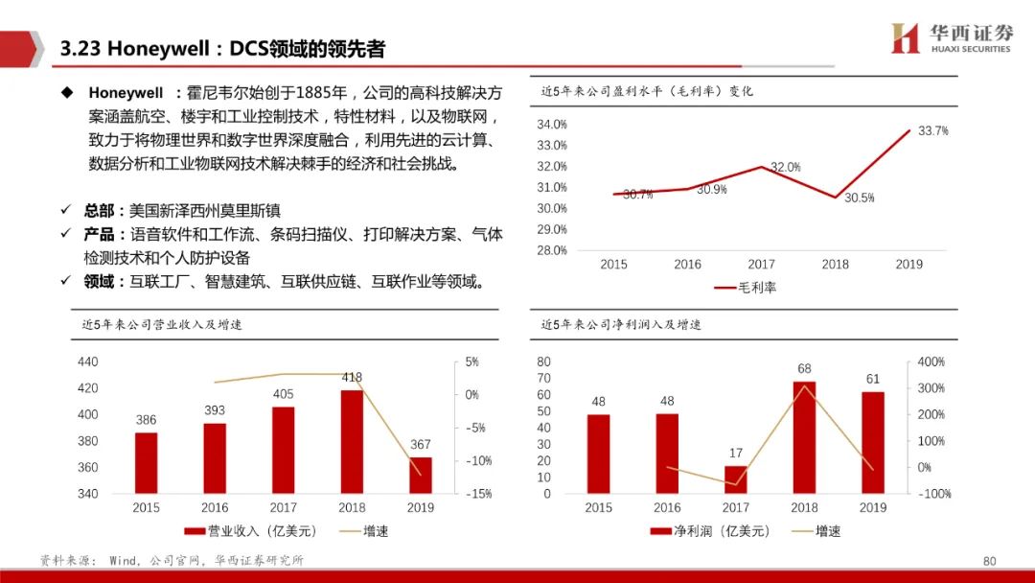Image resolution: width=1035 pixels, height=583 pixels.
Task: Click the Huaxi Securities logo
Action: tap(951, 38)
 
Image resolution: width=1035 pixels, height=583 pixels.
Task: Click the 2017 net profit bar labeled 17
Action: tap(736, 479)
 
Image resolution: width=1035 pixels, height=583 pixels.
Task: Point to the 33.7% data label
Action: tap(932, 130)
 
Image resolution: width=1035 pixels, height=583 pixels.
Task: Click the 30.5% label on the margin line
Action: tap(859, 198)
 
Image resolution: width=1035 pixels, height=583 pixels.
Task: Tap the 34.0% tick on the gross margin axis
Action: tap(552, 125)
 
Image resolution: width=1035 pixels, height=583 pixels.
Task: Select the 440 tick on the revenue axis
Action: tap(88, 361)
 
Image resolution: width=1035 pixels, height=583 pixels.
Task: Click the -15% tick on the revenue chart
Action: tap(478, 494)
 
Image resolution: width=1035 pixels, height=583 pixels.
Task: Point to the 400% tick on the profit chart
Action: tap(931, 361)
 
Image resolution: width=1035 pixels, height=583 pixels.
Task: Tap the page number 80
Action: tap(990, 561)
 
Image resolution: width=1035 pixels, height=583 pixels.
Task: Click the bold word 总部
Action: tap(99, 210)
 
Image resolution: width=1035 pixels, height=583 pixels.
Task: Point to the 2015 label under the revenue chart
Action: tap(146, 507)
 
